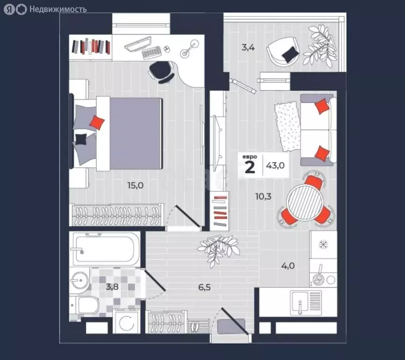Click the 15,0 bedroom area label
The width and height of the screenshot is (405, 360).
[x=135, y=185]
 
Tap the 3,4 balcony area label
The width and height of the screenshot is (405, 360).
[x=248, y=47]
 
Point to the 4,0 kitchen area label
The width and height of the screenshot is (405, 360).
[x=288, y=266]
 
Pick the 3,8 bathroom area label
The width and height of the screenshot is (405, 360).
[x=112, y=287]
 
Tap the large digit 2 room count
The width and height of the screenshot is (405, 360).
[x=250, y=167]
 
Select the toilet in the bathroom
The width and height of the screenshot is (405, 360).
[x=88, y=306]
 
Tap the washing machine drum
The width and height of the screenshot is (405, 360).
[x=126, y=323]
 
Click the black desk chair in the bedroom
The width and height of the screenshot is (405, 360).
[x=160, y=71]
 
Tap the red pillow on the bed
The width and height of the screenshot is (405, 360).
[x=97, y=123]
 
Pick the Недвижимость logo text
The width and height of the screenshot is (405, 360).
[x=57, y=9]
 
